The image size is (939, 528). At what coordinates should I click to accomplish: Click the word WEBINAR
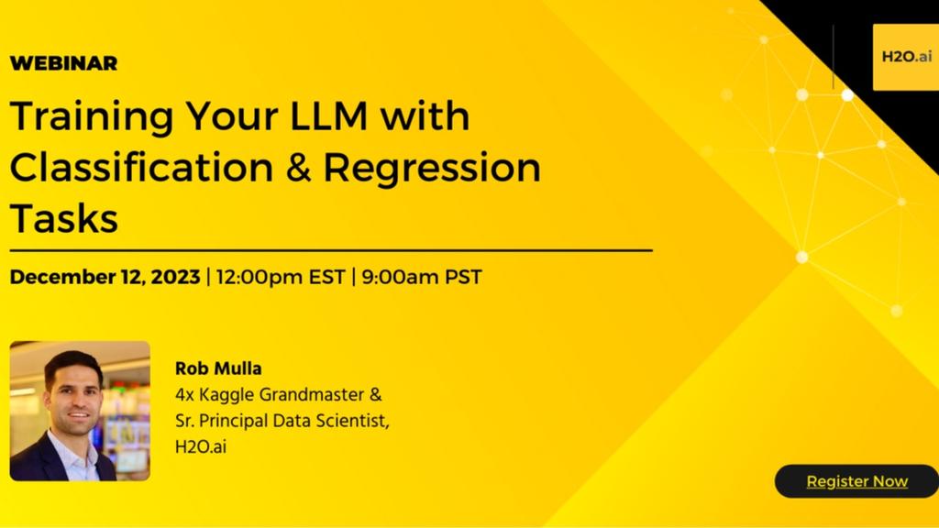coord(63,63)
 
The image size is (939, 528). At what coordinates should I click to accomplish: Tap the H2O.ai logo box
coord(906,57)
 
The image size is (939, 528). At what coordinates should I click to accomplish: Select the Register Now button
coord(856,481)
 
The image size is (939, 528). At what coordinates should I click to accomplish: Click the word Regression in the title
coord(432,169)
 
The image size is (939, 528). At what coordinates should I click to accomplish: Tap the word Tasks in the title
coord(63,218)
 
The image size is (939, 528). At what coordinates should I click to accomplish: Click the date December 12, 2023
coord(105,277)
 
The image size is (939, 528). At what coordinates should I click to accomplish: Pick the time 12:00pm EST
coord(281,277)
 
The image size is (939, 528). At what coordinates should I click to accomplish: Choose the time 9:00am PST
coord(422,277)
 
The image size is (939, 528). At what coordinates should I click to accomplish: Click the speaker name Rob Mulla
coord(218,368)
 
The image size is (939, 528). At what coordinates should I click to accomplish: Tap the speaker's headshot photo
coord(80,411)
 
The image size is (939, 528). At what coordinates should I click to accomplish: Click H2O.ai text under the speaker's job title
coord(201,447)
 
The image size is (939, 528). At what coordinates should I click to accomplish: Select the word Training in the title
coord(92,117)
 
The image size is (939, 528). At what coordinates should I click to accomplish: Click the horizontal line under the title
coord(331,250)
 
